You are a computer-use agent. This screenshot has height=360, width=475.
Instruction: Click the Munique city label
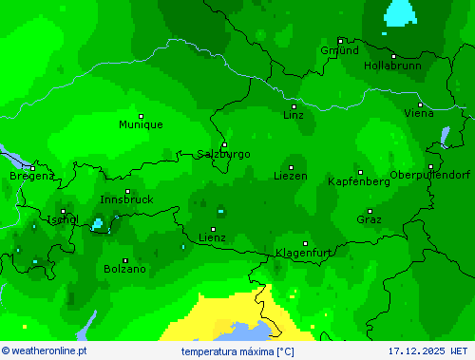(x=141, y=124)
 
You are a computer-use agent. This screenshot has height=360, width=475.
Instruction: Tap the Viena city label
(x=419, y=113)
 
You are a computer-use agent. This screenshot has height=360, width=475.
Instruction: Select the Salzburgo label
(x=224, y=154)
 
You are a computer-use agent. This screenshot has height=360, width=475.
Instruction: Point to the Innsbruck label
(x=126, y=199)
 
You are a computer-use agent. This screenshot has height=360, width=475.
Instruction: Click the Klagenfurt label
(x=304, y=253)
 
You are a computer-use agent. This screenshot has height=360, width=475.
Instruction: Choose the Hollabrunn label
(x=392, y=66)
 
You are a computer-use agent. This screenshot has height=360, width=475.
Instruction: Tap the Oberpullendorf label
(x=430, y=175)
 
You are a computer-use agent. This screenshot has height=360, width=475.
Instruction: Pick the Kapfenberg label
(x=358, y=181)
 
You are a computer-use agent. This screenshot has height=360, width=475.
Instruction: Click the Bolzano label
(x=125, y=269)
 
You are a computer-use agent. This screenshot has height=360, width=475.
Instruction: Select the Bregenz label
(x=32, y=176)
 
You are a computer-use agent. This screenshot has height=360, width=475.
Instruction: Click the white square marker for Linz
(x=294, y=106)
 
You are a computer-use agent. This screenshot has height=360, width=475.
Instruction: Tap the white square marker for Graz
(x=370, y=211)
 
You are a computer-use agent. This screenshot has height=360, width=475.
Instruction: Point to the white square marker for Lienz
(x=213, y=229)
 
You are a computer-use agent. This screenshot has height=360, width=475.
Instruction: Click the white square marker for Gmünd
(x=340, y=41)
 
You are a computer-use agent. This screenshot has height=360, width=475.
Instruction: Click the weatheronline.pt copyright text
(x=45, y=351)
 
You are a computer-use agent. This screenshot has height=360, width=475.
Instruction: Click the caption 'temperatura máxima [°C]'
(x=237, y=351)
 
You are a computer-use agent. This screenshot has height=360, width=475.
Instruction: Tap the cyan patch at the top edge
(x=400, y=11)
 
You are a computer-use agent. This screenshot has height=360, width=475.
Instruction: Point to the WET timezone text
(x=461, y=351)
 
